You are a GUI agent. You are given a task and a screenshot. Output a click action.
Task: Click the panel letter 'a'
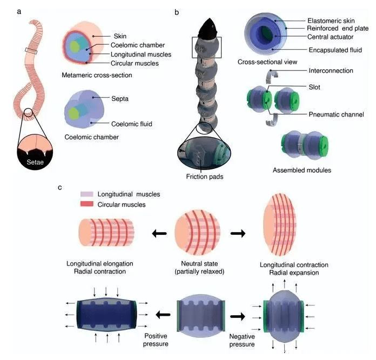click(x=19, y=10)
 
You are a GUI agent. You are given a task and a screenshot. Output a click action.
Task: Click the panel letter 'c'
click(x=60, y=187)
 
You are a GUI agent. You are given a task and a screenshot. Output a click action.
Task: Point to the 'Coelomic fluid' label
click(x=128, y=124)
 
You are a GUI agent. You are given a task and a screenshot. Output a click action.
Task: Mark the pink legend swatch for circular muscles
click(x=86, y=205)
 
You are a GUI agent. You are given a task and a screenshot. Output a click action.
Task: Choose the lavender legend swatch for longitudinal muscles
click(x=86, y=194)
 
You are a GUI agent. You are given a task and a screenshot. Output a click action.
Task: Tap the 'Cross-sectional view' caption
click(x=267, y=62)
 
